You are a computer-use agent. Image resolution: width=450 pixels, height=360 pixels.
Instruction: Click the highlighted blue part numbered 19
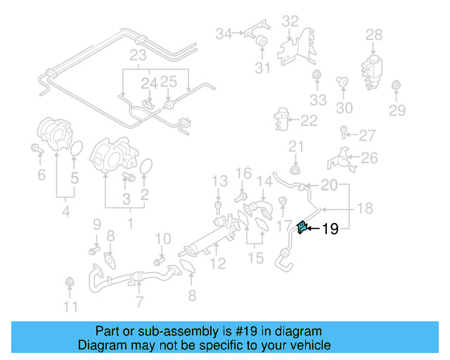[302, 227]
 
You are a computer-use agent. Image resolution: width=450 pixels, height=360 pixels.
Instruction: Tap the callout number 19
[330, 229]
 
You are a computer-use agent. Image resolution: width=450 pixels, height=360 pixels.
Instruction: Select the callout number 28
[374, 34]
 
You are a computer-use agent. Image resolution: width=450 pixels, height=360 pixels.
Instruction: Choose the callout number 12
[218, 264]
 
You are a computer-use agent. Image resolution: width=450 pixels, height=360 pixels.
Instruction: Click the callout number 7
[139, 302]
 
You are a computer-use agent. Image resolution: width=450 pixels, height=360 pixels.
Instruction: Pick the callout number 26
[369, 158]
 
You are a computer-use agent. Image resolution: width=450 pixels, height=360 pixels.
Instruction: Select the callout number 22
[309, 121]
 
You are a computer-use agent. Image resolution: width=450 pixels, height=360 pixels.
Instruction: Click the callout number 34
[224, 33]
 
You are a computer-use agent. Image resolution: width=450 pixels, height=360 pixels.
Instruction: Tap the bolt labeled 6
[37, 148]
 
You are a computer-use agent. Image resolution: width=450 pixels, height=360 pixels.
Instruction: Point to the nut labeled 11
[69, 283]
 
